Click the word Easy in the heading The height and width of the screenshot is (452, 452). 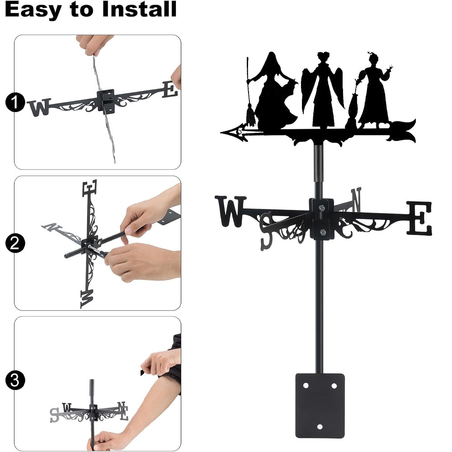(x=33, y=10)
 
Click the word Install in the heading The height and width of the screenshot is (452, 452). (x=139, y=9)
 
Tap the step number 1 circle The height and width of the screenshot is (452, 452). (x=15, y=102)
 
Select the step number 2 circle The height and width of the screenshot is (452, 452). (x=15, y=243)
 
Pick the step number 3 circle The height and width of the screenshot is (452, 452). (x=15, y=380)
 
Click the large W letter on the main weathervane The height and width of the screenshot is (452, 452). (x=231, y=211)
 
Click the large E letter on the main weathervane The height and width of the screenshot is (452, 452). (x=419, y=218)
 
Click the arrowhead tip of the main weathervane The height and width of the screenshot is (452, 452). (x=221, y=132)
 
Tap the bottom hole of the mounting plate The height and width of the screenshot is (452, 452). (x=320, y=427)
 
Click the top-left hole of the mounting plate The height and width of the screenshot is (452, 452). (x=306, y=386)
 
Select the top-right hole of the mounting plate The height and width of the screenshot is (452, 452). (x=334, y=386)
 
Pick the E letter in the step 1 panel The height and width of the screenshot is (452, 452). (x=170, y=89)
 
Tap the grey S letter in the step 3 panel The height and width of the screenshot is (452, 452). (x=54, y=415)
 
